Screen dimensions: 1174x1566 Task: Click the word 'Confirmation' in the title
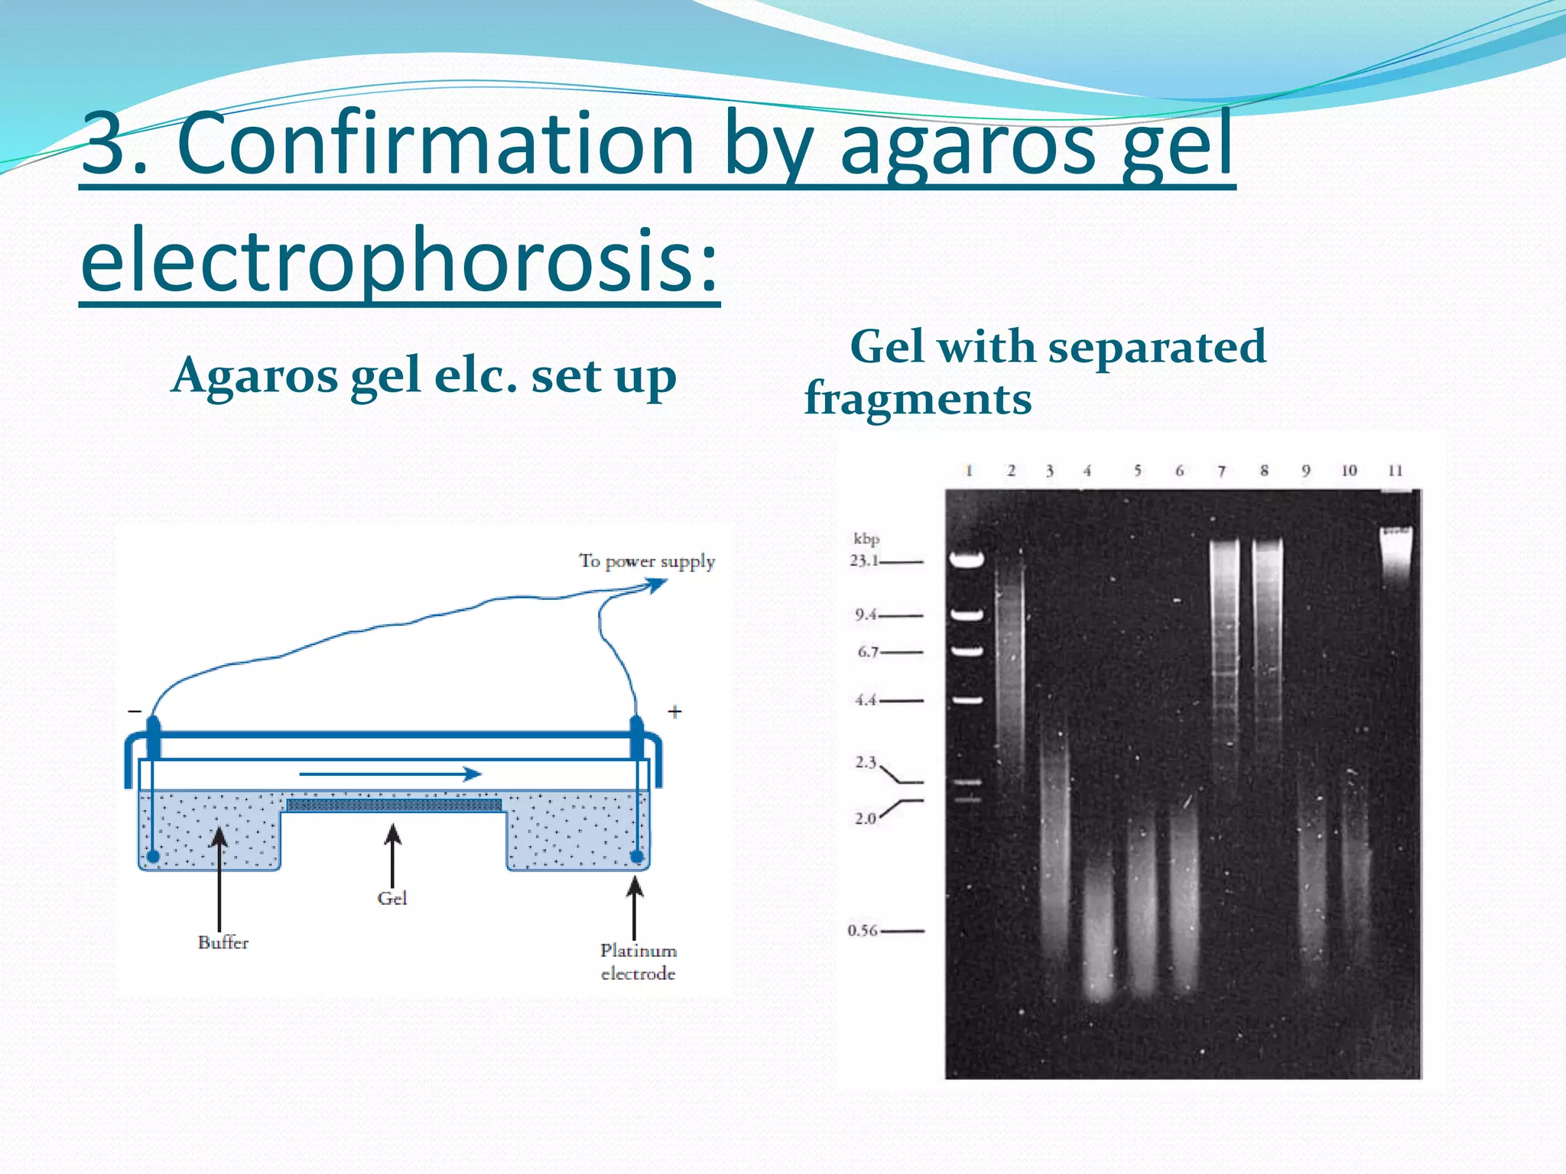point(436,144)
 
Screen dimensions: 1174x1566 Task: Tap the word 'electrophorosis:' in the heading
point(399,260)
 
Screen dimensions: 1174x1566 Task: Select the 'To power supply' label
point(647,561)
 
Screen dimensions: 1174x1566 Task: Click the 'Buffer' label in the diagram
point(223,942)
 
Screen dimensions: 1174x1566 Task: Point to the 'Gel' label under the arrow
point(391,898)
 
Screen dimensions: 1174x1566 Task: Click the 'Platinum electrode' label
point(638,962)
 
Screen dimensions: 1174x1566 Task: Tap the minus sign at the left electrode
point(135,712)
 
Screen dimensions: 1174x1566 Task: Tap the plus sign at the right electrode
point(674,712)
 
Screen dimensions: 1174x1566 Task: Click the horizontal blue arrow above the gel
point(390,774)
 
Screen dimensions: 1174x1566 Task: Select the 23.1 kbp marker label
point(864,560)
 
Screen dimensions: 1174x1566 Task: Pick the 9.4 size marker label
point(866,615)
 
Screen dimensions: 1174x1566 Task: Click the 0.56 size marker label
point(862,930)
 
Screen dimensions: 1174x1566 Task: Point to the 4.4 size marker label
point(865,699)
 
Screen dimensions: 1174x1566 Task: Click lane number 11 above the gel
point(1395,470)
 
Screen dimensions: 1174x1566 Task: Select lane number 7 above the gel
point(1221,471)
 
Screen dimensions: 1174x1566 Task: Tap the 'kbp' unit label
point(866,539)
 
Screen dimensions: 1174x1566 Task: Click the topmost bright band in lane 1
point(967,560)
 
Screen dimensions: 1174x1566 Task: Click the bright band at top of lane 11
point(1395,539)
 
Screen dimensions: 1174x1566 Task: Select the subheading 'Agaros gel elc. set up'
point(424,376)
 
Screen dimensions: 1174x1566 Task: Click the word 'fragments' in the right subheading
point(918,399)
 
